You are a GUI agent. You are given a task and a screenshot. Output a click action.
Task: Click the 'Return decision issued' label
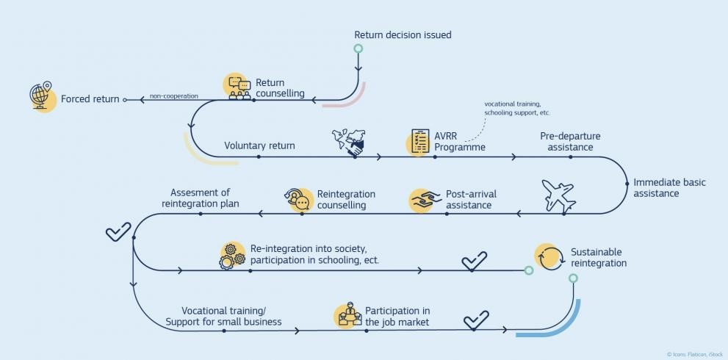pos(403,35)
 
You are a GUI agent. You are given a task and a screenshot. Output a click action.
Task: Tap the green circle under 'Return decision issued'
pos(358,49)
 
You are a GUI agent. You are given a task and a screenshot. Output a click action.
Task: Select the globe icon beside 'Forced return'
pos(42,96)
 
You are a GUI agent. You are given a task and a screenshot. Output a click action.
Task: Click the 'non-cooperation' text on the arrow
pos(174,96)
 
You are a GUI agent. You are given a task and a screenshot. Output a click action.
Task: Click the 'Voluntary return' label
pos(259,145)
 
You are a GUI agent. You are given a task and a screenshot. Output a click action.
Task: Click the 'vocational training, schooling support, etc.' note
pos(517,108)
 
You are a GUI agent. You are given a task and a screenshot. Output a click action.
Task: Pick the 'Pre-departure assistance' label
pos(570,142)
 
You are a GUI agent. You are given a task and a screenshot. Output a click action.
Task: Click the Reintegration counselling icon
pos(298,199)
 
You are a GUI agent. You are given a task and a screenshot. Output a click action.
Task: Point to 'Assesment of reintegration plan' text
pos(200,198)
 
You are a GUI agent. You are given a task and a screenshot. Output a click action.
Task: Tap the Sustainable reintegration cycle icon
pos(547,257)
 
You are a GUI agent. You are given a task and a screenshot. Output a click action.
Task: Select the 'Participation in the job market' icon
pos(348,315)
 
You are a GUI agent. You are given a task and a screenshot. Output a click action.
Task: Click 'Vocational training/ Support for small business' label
pos(223,317)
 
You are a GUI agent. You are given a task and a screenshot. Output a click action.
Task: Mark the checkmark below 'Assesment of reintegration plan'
pos(118,231)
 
